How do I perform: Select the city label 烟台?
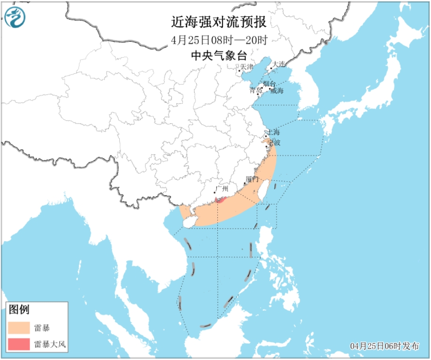[x=269, y=84]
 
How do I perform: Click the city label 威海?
[x=277, y=91]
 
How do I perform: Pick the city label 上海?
[x=273, y=132]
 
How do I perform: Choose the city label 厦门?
[x=252, y=180]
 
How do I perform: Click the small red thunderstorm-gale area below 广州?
[x=219, y=200]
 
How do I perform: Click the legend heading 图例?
[x=19, y=309]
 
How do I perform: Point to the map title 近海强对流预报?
[x=219, y=22]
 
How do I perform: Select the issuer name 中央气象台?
[x=219, y=55]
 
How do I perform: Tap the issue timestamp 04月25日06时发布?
[x=385, y=346]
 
